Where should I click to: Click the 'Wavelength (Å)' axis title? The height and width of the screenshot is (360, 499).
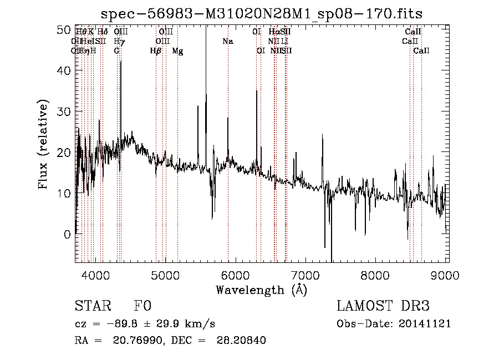point(261,290)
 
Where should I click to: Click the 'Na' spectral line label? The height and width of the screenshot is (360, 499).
point(228,42)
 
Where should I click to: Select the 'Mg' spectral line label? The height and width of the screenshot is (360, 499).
point(177,51)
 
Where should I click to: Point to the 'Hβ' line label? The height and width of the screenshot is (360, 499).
point(156,51)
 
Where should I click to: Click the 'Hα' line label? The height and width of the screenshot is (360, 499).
point(274,32)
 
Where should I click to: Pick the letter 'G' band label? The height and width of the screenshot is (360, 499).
point(117,51)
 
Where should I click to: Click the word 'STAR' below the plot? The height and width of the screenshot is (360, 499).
point(92,306)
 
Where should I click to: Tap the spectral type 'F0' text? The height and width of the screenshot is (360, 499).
point(142,306)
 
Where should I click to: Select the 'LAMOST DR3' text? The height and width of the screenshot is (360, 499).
point(383,306)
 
